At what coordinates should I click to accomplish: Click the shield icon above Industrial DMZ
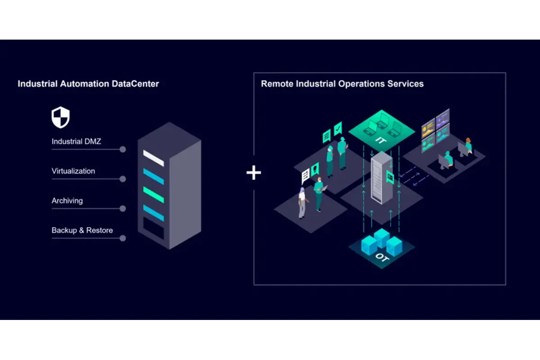coord(60,117)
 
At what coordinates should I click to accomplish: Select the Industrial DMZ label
coord(76,141)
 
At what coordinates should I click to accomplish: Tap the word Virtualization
coord(73,171)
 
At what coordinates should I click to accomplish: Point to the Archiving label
coord(67,201)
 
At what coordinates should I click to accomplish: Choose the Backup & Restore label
coord(82,230)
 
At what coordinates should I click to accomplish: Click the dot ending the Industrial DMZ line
coord(123,149)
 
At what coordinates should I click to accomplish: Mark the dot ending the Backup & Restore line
coord(123,238)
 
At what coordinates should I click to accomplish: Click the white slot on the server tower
coord(153,157)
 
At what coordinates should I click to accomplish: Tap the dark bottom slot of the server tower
coord(153,229)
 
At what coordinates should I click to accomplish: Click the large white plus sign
coord(254,173)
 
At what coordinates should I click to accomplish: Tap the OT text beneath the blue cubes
coord(381,258)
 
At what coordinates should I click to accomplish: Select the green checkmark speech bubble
coord(338,127)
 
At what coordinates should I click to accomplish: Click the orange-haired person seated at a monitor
coord(468,145)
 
